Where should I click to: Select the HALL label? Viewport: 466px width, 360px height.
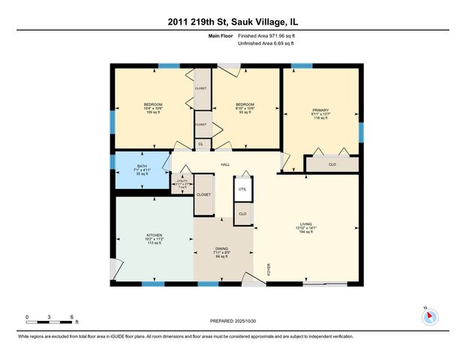[225, 164]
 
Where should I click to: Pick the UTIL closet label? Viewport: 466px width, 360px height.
[242, 189]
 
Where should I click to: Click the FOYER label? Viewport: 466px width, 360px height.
[269, 268]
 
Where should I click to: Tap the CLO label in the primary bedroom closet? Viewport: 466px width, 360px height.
[332, 163]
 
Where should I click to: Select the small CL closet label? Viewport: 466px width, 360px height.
[200, 144]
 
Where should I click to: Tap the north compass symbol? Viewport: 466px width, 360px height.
[429, 316]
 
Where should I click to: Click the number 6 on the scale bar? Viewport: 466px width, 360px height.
[72, 316]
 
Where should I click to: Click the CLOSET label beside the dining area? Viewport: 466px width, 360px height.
[203, 194]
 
